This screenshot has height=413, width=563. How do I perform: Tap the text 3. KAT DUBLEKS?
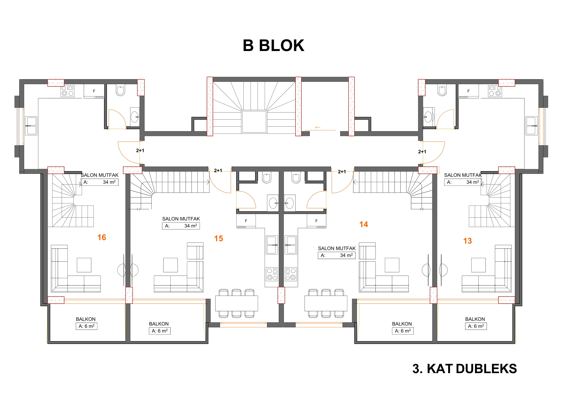pyautogui.click(x=465, y=369)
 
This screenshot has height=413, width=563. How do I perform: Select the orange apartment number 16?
pyautogui.click(x=102, y=237)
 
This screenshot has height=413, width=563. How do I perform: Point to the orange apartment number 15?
pyautogui.click(x=218, y=239)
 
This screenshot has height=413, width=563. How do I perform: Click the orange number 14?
pyautogui.click(x=364, y=224)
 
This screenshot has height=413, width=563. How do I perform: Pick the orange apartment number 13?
pyautogui.click(x=468, y=241)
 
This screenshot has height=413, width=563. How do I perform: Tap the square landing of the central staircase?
pyautogui.click(x=254, y=122)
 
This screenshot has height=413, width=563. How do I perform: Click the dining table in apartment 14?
pyautogui.click(x=326, y=303)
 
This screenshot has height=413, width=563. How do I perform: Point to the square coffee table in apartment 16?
pyautogui.click(x=84, y=265)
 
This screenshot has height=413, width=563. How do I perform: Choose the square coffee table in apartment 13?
pyautogui.click(x=478, y=265)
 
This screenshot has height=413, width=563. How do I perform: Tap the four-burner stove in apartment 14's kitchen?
pyautogui.click(x=291, y=274)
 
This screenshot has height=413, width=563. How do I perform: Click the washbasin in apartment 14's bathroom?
pyautogui.click(x=289, y=203)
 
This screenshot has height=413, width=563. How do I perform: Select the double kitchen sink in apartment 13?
pyautogui.click(x=531, y=126)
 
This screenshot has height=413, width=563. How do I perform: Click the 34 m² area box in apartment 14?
pyautogui.click(x=337, y=255)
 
